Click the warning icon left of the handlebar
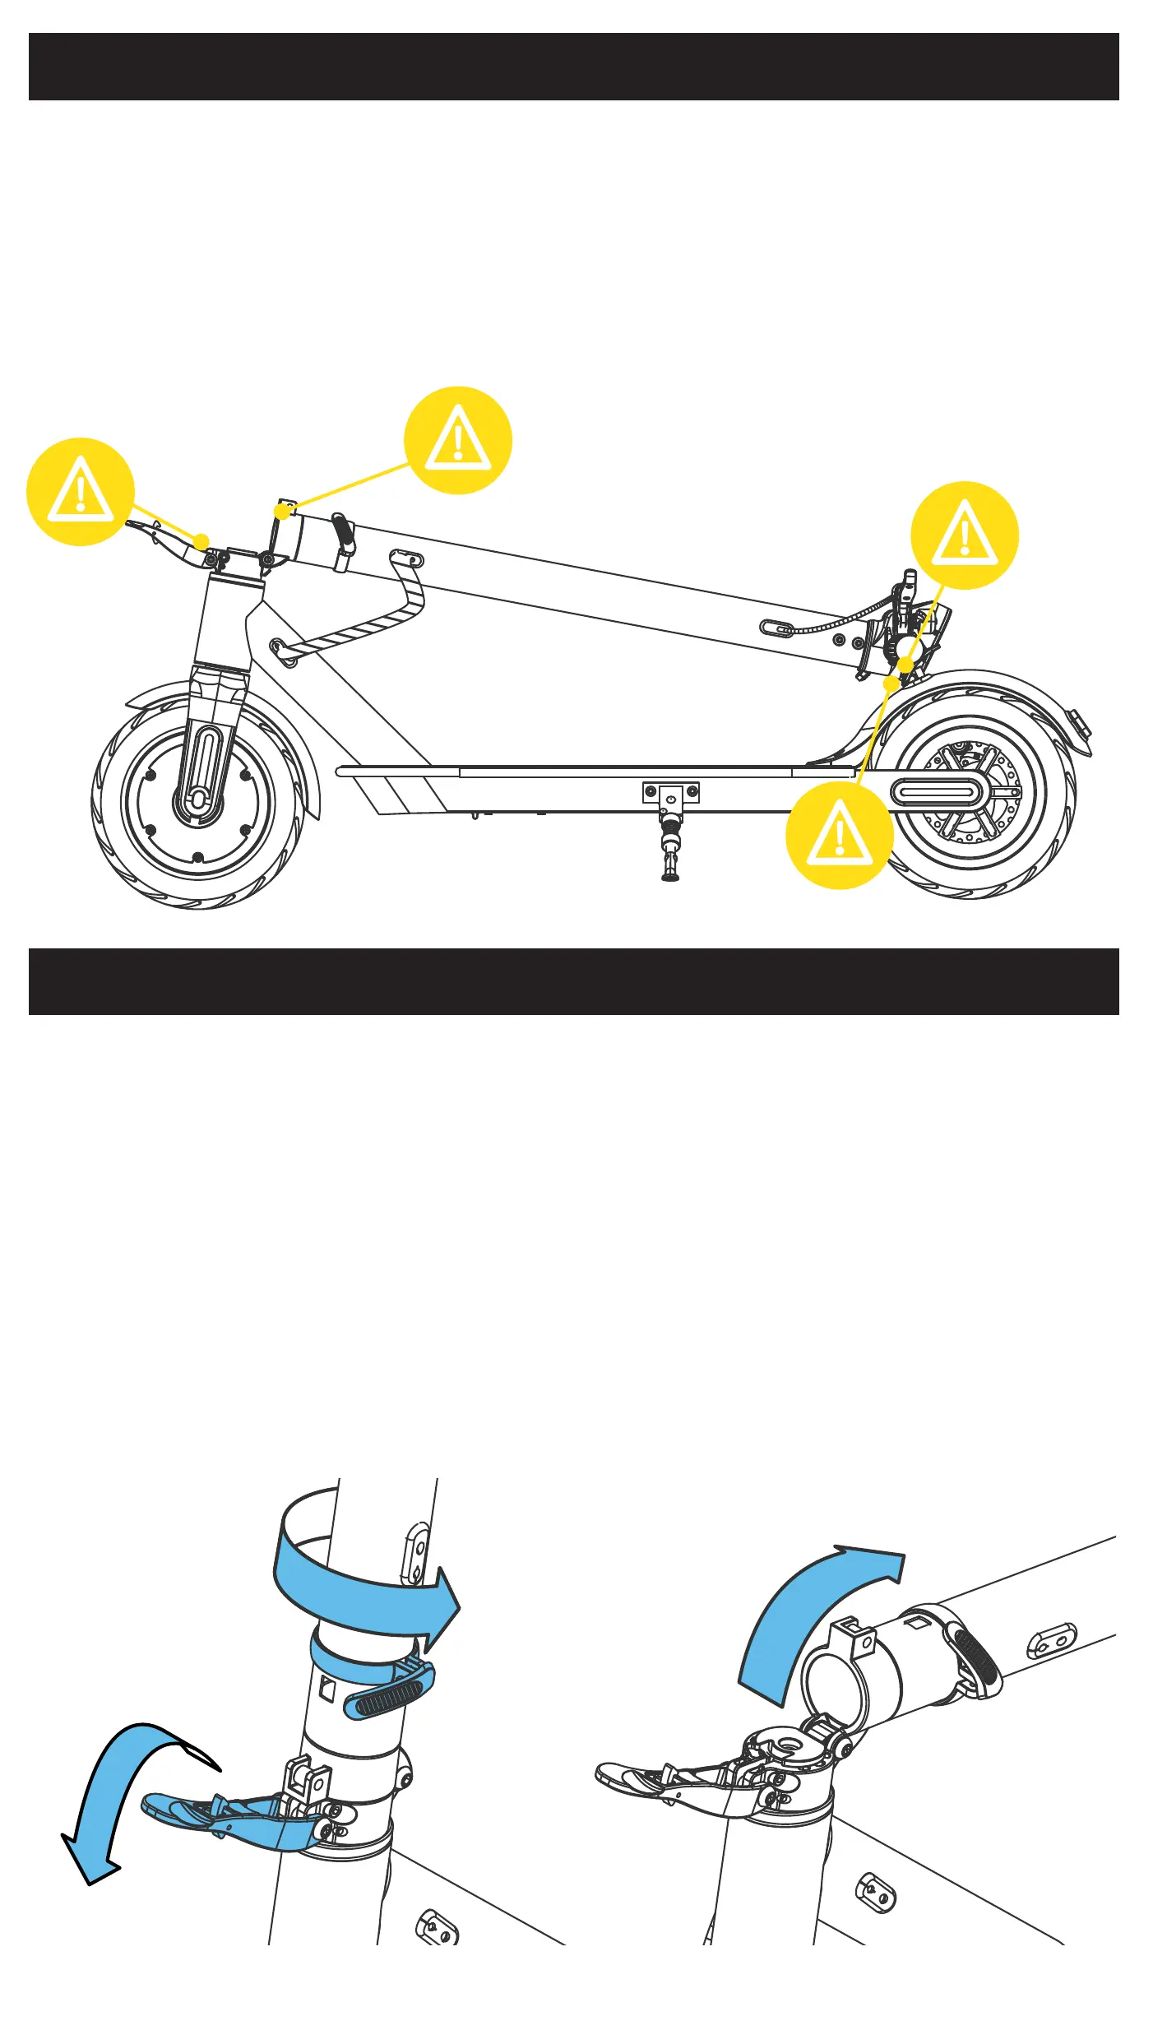[81, 492]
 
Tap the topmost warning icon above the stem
[458, 440]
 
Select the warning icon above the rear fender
[964, 535]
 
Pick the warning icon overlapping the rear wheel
[839, 835]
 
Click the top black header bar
[574, 67]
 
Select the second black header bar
[574, 981]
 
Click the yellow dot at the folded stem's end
[282, 512]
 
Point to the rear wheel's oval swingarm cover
[938, 793]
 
